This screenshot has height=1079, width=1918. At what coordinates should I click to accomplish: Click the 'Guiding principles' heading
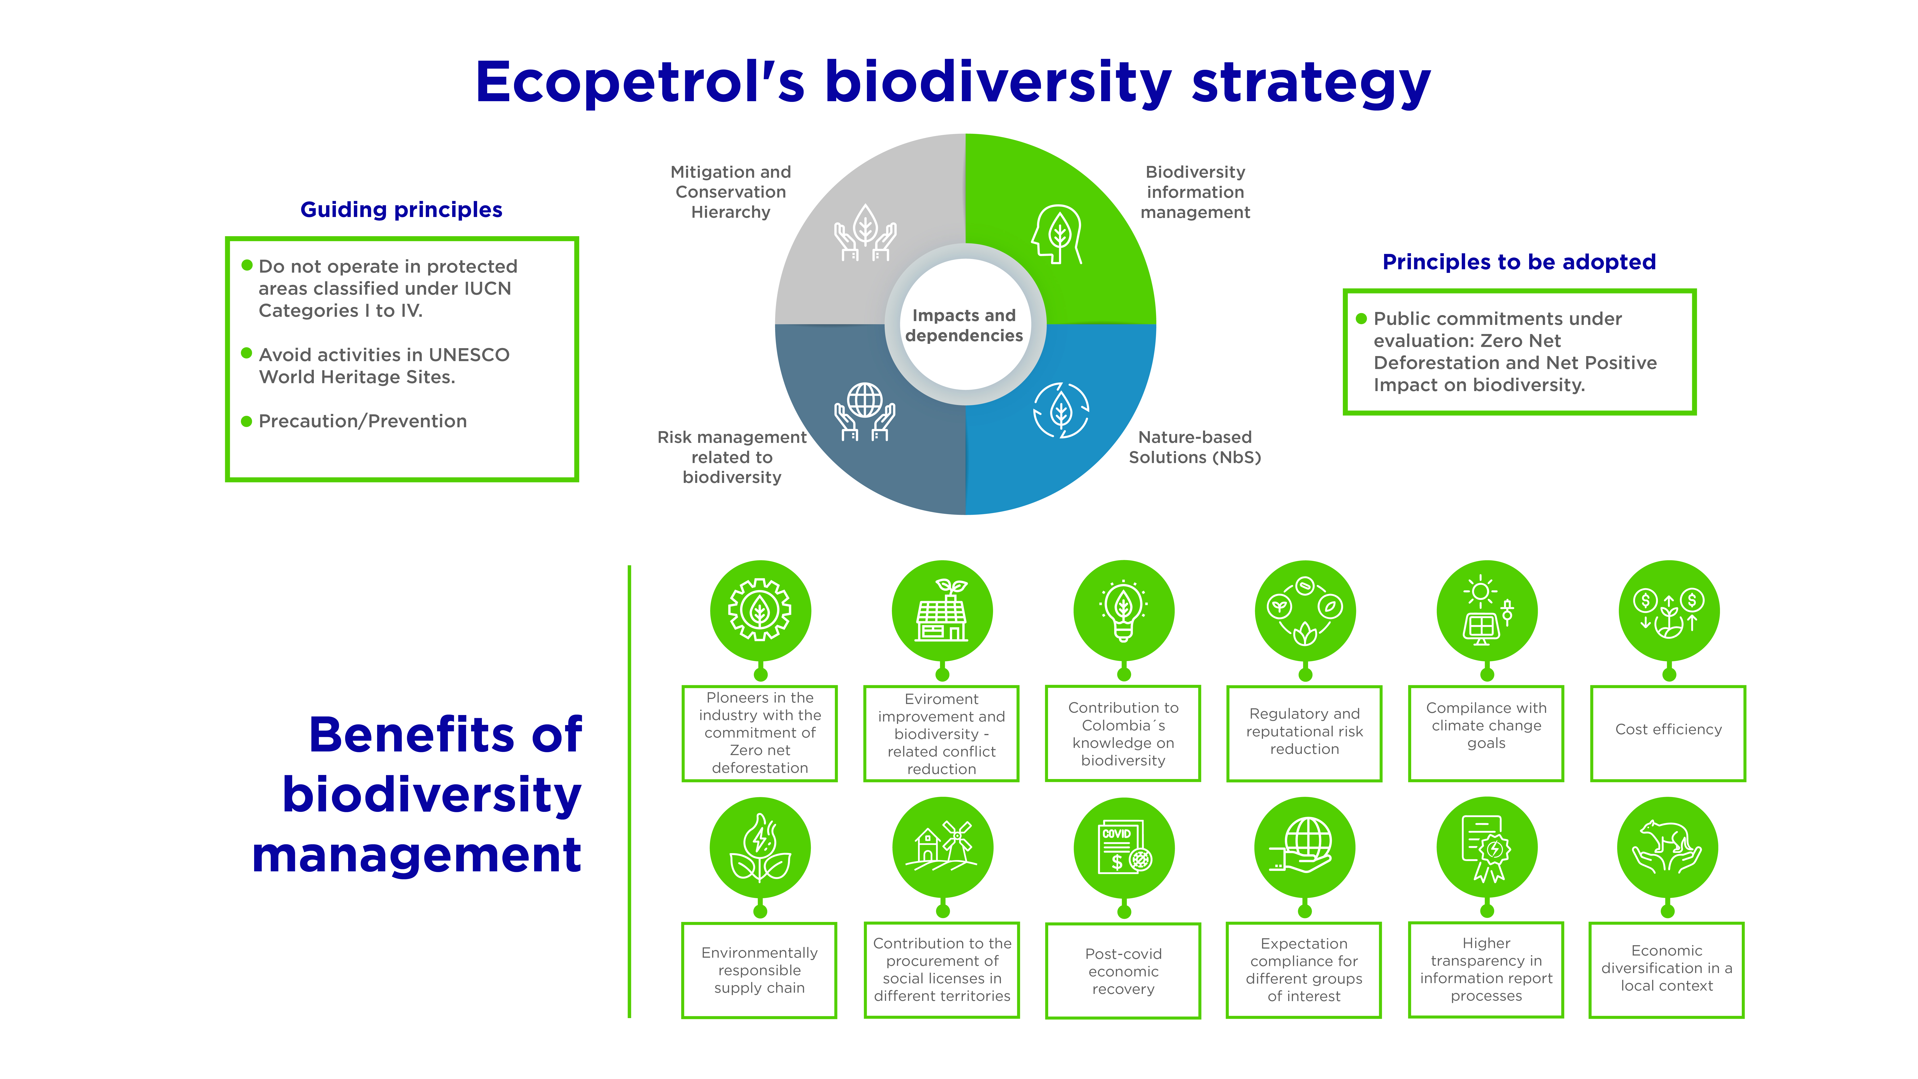[x=401, y=210]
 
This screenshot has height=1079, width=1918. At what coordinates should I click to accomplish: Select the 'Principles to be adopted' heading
[x=1519, y=262]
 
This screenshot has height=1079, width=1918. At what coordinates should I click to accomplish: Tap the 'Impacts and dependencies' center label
[x=964, y=325]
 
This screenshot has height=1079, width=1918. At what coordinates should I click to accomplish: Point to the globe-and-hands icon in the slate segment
[x=865, y=412]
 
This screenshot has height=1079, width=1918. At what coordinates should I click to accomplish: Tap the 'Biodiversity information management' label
[x=1195, y=192]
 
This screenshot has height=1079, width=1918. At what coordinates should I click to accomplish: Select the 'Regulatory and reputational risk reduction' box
[x=1304, y=733]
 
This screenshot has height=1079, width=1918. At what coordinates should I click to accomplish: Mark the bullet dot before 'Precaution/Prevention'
[x=246, y=422]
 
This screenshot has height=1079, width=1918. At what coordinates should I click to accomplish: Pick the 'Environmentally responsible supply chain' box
[x=760, y=970]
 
